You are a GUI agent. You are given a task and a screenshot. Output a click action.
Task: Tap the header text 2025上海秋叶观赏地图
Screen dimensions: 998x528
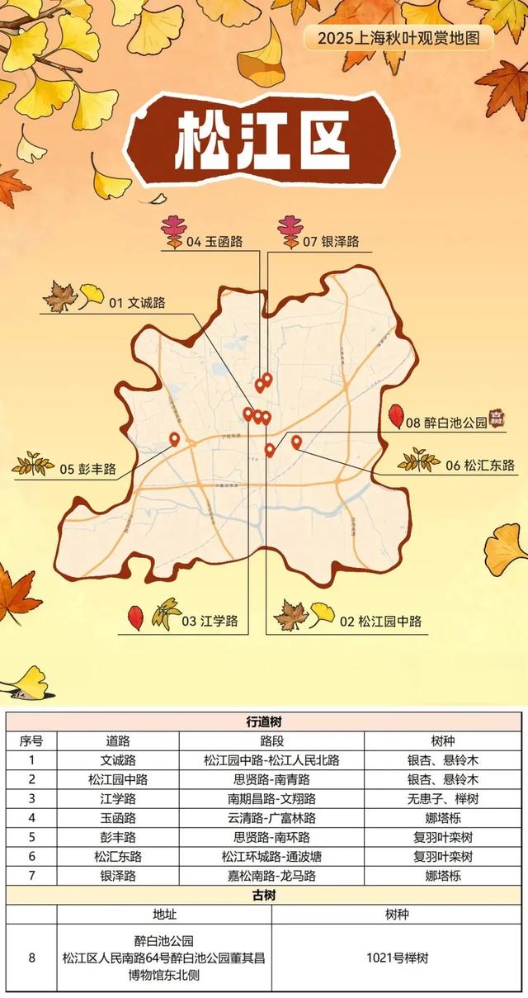point(398,37)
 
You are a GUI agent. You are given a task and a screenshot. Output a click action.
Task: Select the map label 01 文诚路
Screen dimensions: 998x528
point(137,302)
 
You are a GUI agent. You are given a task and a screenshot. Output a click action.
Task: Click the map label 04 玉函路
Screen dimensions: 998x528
point(214,242)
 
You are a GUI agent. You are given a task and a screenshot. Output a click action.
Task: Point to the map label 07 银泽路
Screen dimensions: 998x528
point(331,242)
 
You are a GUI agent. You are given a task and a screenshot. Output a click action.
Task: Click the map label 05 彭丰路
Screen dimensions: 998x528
point(87,470)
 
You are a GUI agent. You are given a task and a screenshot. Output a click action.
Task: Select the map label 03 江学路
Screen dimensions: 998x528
point(210,621)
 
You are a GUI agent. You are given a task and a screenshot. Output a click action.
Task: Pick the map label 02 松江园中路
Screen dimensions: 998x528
point(380,621)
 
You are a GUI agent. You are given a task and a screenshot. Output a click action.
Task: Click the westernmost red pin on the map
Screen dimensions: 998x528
point(174,439)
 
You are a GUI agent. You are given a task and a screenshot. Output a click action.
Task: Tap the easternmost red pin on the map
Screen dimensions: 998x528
point(296,442)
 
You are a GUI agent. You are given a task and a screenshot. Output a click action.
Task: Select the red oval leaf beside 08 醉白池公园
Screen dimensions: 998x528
point(395,415)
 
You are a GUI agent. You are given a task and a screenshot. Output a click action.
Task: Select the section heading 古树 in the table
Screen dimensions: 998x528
point(265,895)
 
